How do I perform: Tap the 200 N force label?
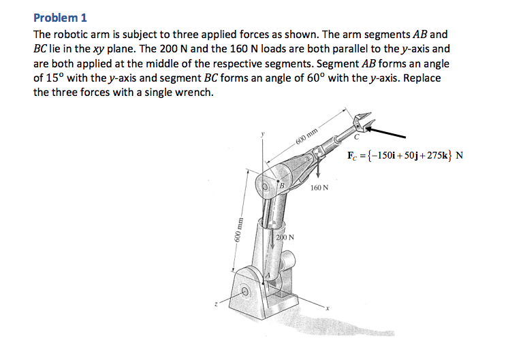click(x=285, y=238)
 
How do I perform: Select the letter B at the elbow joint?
click(x=282, y=184)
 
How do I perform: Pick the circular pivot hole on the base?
click(x=246, y=293)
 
